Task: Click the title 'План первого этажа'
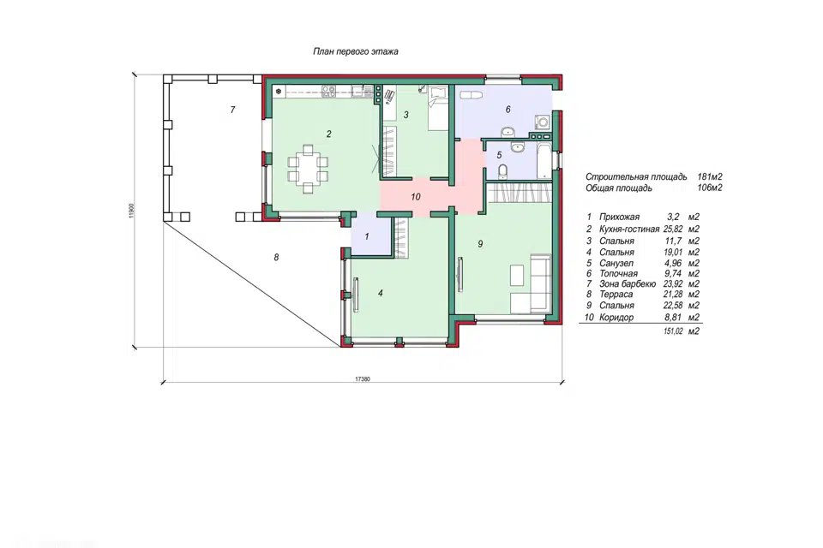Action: click(355, 51)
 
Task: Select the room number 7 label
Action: click(232, 110)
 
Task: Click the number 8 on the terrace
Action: click(276, 257)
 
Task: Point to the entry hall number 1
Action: click(366, 236)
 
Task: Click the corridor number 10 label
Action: click(416, 197)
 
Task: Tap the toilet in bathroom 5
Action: click(502, 171)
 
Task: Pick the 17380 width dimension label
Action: click(363, 378)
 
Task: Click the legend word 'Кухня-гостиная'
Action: click(628, 229)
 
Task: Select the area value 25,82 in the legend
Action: click(674, 229)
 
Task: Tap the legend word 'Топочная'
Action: click(618, 273)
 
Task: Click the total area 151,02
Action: click(674, 331)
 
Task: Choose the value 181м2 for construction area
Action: click(710, 176)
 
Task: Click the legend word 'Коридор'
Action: click(616, 318)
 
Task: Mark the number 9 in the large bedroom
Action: click(480, 244)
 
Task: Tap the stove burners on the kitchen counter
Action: click(329, 92)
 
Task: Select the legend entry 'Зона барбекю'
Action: click(628, 283)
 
